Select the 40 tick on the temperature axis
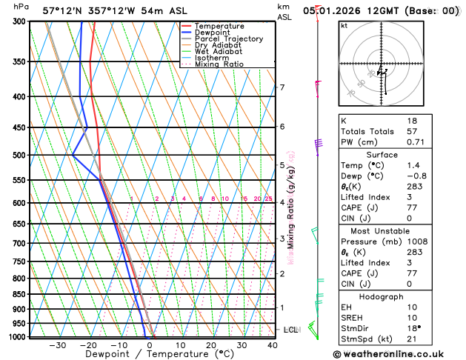coord(273,345)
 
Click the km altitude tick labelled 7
coord(282,88)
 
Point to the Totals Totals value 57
coord(412,130)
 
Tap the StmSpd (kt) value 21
coord(412,340)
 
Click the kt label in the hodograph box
coord(344,25)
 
